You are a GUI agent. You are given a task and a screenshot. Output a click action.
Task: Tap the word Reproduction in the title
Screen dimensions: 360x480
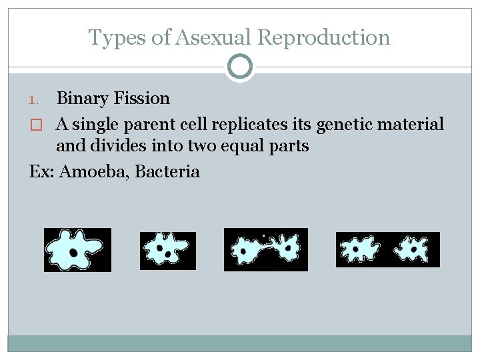323,38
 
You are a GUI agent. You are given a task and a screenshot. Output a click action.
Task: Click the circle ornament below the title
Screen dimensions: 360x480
240,67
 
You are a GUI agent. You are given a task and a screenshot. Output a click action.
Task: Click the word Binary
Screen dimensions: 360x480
83,99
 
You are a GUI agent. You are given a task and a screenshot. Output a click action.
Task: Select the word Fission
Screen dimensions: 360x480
141,99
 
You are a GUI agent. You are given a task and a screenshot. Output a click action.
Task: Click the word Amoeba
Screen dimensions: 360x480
94,171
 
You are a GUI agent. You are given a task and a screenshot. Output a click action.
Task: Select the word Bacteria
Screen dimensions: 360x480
167,171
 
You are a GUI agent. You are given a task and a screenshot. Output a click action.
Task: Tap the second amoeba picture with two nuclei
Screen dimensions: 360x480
167,251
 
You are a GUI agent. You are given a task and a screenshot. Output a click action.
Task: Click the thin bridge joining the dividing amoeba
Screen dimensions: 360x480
267,248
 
